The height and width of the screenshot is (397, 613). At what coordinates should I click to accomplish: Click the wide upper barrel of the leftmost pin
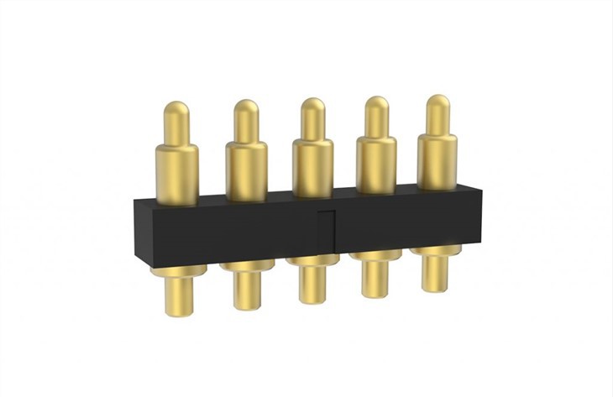177,173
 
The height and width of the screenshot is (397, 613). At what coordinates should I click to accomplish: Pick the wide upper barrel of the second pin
246,170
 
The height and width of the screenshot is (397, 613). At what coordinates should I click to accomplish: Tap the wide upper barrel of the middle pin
312,166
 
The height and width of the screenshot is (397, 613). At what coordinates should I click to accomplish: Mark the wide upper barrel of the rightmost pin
437,159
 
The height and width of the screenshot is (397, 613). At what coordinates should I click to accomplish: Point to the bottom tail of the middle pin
312,285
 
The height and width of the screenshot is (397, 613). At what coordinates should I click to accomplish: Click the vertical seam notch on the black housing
330,229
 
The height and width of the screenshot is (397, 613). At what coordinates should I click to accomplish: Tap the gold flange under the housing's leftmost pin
178,271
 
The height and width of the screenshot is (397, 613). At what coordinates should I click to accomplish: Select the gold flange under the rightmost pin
435,250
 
